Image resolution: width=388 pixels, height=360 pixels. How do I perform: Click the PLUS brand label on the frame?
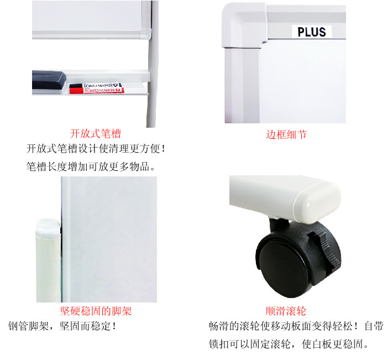(312, 32)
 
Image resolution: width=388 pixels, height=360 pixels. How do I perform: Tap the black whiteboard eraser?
(49, 80)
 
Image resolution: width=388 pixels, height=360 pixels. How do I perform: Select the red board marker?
(97, 91)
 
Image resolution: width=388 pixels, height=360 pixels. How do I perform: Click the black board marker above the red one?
(96, 86)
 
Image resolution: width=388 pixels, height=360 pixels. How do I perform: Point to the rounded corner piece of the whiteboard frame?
(244, 25)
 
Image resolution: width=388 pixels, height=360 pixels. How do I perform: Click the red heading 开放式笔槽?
(95, 134)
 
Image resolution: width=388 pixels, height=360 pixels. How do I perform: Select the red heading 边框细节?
(286, 135)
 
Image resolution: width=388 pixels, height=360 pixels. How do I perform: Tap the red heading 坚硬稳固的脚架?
(96, 311)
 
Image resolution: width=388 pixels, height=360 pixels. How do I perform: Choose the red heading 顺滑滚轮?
(286, 311)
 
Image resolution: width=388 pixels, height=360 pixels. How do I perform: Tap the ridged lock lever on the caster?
(324, 250)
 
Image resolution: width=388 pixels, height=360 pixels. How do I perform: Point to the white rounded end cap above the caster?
(317, 201)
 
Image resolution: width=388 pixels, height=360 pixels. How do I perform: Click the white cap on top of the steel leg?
(48, 228)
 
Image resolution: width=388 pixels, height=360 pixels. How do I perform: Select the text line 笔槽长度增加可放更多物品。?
(91, 166)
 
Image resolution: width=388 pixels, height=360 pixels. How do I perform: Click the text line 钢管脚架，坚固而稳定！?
(62, 326)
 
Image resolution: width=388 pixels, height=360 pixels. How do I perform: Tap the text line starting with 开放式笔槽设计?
(96, 149)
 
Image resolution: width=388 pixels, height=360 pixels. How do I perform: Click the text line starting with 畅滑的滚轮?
(296, 326)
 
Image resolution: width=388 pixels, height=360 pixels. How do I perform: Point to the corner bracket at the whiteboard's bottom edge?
(145, 33)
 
